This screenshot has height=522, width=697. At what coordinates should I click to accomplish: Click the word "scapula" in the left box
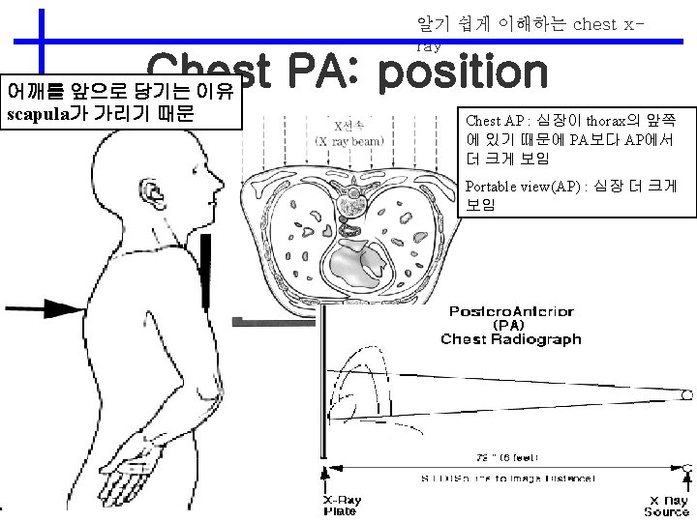[43, 114]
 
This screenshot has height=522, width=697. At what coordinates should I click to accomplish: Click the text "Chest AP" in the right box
[495, 121]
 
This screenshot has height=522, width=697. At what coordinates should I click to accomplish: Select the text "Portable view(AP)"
[524, 187]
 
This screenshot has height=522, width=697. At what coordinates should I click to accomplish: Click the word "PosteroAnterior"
[511, 311]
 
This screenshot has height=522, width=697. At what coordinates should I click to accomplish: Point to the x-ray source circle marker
[686, 396]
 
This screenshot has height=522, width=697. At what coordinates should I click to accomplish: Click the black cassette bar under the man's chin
[207, 261]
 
